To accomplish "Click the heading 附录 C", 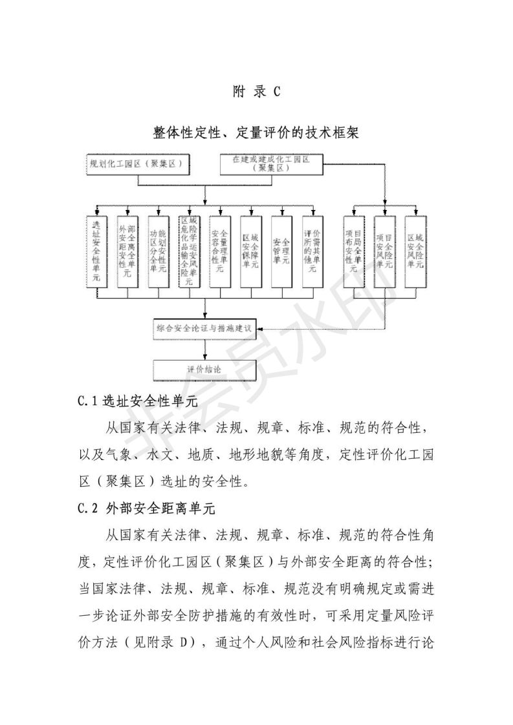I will pos(256,92).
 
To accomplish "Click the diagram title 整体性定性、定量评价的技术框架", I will pos(256,132).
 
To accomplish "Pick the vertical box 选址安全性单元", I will pos(96,251).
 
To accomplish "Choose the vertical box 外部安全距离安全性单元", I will pos(127,251).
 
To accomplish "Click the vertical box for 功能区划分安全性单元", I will pos(158,251).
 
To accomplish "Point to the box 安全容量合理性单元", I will pos(220,251).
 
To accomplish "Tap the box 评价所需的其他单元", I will pos(312,251).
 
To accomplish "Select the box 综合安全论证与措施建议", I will pos(205,330).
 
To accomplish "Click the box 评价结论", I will pos(205,370).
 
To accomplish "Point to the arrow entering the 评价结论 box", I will pos(205,355).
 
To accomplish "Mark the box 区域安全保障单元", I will pos(250,251).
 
